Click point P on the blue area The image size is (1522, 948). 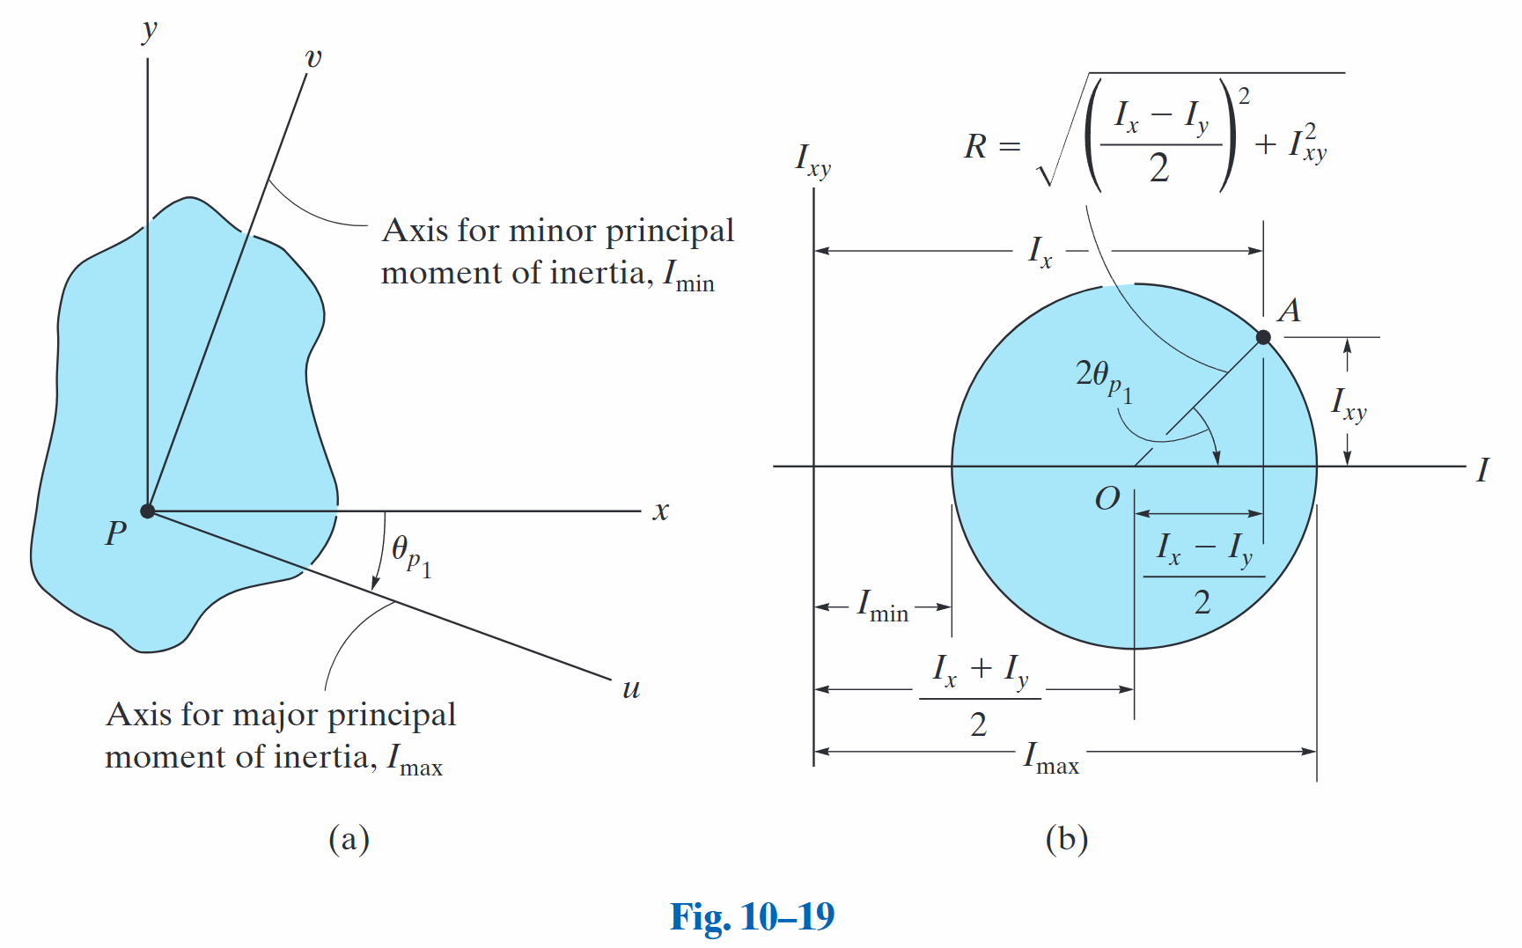click(x=148, y=511)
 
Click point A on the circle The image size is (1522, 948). click(x=1263, y=337)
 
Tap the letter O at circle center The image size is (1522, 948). click(x=1107, y=499)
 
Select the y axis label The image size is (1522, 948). click(x=150, y=30)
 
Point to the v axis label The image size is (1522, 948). click(x=313, y=59)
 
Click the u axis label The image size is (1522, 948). click(x=631, y=688)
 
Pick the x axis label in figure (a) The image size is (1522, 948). click(x=661, y=511)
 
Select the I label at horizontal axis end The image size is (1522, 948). click(x=1483, y=470)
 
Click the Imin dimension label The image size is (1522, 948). click(x=883, y=606)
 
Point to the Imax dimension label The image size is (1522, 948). click(x=1051, y=758)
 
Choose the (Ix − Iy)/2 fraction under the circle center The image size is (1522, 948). click(x=1203, y=575)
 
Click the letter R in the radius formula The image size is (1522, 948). click(x=975, y=146)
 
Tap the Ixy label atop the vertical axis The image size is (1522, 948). click(x=812, y=160)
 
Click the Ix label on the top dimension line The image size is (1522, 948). click(x=1040, y=252)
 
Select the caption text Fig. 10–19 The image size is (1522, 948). click(x=753, y=916)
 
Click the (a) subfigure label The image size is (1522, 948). click(x=349, y=839)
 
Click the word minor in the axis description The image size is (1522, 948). click(x=553, y=231)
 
